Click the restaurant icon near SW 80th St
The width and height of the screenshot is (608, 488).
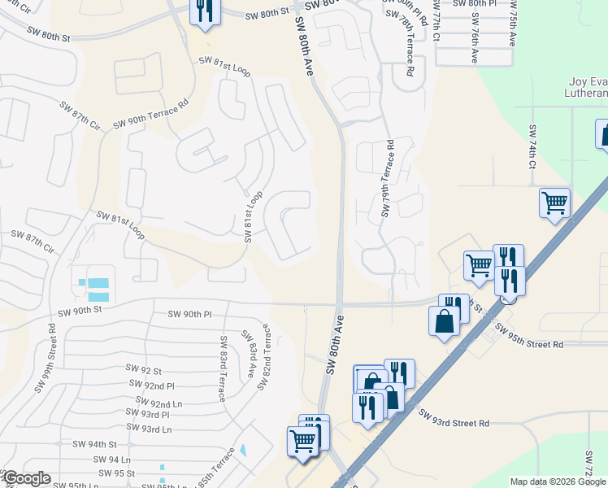[x=203, y=11]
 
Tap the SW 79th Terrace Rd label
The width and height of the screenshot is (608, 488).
[x=388, y=178]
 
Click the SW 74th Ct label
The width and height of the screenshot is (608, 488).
[x=533, y=147]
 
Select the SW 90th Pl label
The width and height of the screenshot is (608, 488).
[x=189, y=314]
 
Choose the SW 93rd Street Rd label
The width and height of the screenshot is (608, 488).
[x=454, y=418]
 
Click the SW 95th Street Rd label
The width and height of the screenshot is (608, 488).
[x=529, y=339]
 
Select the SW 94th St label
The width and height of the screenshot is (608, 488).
[x=103, y=445]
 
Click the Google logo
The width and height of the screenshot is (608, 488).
[x=27, y=478]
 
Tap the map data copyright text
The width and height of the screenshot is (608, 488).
[x=557, y=481]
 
